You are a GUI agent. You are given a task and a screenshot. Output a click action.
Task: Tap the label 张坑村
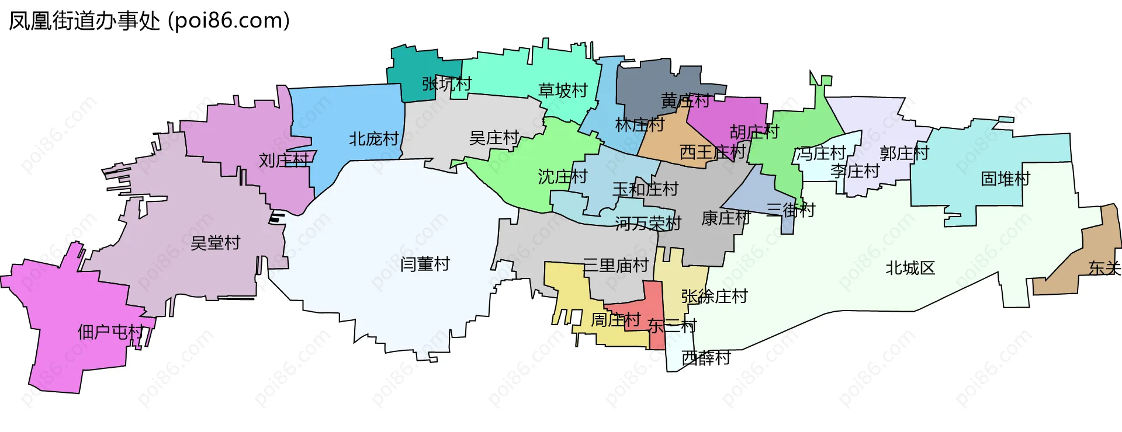[446, 84]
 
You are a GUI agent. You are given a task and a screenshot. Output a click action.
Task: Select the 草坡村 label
[563, 90]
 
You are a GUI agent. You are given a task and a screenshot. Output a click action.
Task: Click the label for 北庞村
[373, 139]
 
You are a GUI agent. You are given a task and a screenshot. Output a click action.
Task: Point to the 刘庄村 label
[284, 160]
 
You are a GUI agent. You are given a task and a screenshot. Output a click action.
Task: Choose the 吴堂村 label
[215, 243]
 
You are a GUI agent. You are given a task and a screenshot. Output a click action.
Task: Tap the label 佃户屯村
[110, 332]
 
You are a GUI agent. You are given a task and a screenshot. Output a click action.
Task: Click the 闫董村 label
[425, 264]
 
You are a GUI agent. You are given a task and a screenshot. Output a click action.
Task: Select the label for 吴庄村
[494, 138]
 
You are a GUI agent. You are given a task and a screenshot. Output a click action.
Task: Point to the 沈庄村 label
[562, 176]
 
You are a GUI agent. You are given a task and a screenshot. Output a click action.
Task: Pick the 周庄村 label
[615, 320]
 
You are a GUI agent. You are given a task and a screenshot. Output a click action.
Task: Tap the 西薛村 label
[706, 358]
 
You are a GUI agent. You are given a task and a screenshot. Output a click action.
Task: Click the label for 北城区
[910, 268]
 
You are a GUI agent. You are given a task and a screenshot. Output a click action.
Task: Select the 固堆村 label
[1005, 179]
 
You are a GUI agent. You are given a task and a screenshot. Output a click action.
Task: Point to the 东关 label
[1104, 268]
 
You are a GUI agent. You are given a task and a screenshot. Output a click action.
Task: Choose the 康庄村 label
[725, 218]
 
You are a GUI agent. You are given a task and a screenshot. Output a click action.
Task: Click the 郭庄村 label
[904, 154]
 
